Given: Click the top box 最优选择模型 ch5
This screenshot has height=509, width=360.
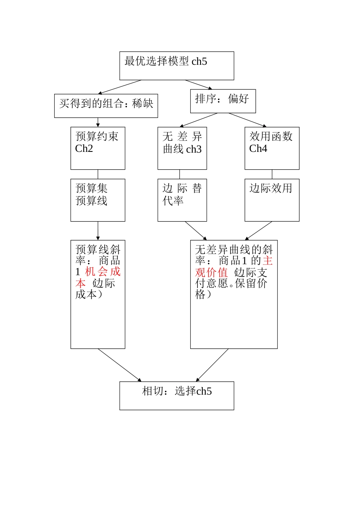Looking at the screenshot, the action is [177, 66].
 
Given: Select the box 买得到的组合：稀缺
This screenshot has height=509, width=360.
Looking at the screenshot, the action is [106, 106].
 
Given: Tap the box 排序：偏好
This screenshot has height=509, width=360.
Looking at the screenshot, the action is [223, 101].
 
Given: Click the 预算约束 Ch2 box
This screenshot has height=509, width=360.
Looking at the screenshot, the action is [98, 148].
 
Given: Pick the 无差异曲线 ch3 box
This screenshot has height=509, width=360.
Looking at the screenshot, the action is [182, 148].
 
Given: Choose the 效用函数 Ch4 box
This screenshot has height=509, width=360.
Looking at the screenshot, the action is [272, 148].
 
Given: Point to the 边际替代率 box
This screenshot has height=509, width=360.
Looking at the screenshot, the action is [182, 200].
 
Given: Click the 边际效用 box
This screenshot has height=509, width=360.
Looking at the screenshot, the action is [272, 200].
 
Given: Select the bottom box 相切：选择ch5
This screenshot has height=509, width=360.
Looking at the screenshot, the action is [177, 396].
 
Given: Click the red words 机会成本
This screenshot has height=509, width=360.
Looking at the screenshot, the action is [98, 278].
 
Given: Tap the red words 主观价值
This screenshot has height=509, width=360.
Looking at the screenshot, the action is [233, 266].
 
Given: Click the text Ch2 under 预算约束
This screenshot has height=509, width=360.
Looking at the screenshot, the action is [84, 148].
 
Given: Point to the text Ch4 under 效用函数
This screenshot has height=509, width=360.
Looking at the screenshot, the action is [258, 148].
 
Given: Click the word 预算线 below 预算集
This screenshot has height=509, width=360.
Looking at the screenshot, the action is [91, 201].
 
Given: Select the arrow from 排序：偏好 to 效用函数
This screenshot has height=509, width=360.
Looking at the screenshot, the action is [248, 120].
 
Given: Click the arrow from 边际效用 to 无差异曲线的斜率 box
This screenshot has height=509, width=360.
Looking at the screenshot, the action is [258, 231].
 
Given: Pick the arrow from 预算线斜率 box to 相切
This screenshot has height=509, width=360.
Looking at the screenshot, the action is [120, 365].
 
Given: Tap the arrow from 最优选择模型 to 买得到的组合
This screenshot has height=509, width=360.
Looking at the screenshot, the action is [120, 87].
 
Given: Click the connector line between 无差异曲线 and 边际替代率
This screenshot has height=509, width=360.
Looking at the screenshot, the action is [180, 174].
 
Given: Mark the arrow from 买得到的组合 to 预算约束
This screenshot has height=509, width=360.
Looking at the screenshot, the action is [98, 122].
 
